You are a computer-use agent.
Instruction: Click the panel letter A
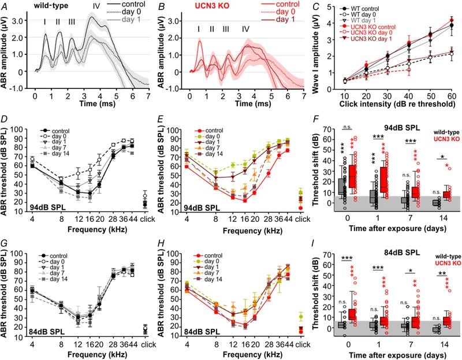pyautogui.click(x=5, y=6)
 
